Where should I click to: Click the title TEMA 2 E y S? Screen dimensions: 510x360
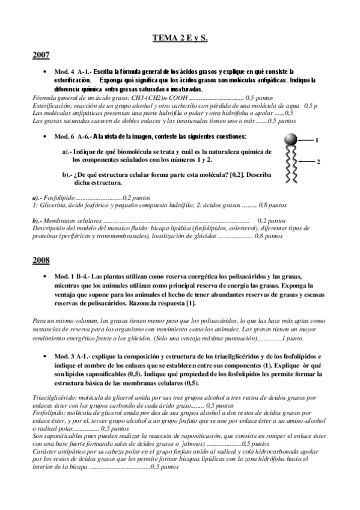(180, 38)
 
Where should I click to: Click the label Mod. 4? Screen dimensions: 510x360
(64, 71)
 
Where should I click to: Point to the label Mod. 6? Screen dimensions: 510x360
(64, 137)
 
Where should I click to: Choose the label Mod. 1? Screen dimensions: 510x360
(64, 276)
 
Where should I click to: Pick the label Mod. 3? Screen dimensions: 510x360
(64, 357)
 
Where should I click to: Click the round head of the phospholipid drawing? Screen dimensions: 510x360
(290, 140)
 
